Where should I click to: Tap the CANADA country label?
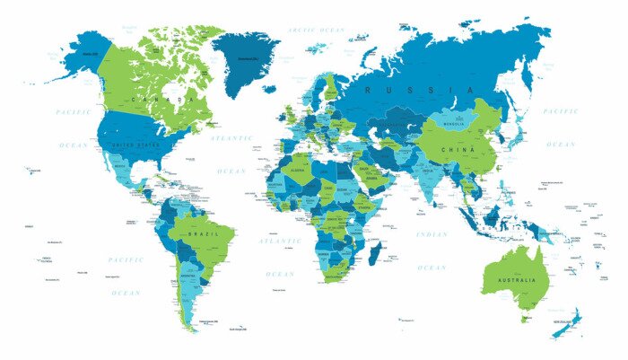(x=162, y=99)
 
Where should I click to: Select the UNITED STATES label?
(x=135, y=144)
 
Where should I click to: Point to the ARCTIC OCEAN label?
(x=316, y=30)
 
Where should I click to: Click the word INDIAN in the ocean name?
(x=432, y=234)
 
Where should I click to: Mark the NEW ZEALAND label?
(x=563, y=320)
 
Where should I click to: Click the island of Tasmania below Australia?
(x=526, y=317)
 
